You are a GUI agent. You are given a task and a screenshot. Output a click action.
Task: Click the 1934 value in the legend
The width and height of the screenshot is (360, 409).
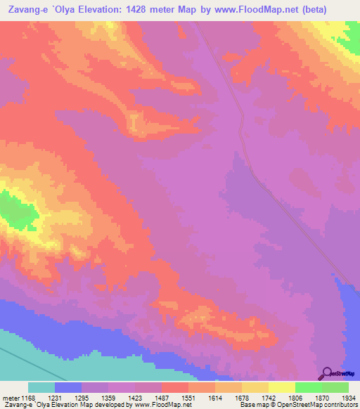coord(348,397)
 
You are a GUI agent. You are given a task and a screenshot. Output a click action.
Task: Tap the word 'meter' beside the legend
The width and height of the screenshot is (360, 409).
coord(11,397)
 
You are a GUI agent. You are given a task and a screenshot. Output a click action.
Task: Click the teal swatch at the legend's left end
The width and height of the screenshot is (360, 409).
coord(41,387)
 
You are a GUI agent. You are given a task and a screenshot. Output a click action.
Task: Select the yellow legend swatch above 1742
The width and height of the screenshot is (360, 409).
coord(255,387)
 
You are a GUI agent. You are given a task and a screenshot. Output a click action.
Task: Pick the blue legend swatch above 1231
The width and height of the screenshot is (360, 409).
coord(68,387)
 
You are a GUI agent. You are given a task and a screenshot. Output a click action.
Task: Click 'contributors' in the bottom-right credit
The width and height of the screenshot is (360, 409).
coord(340,405)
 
